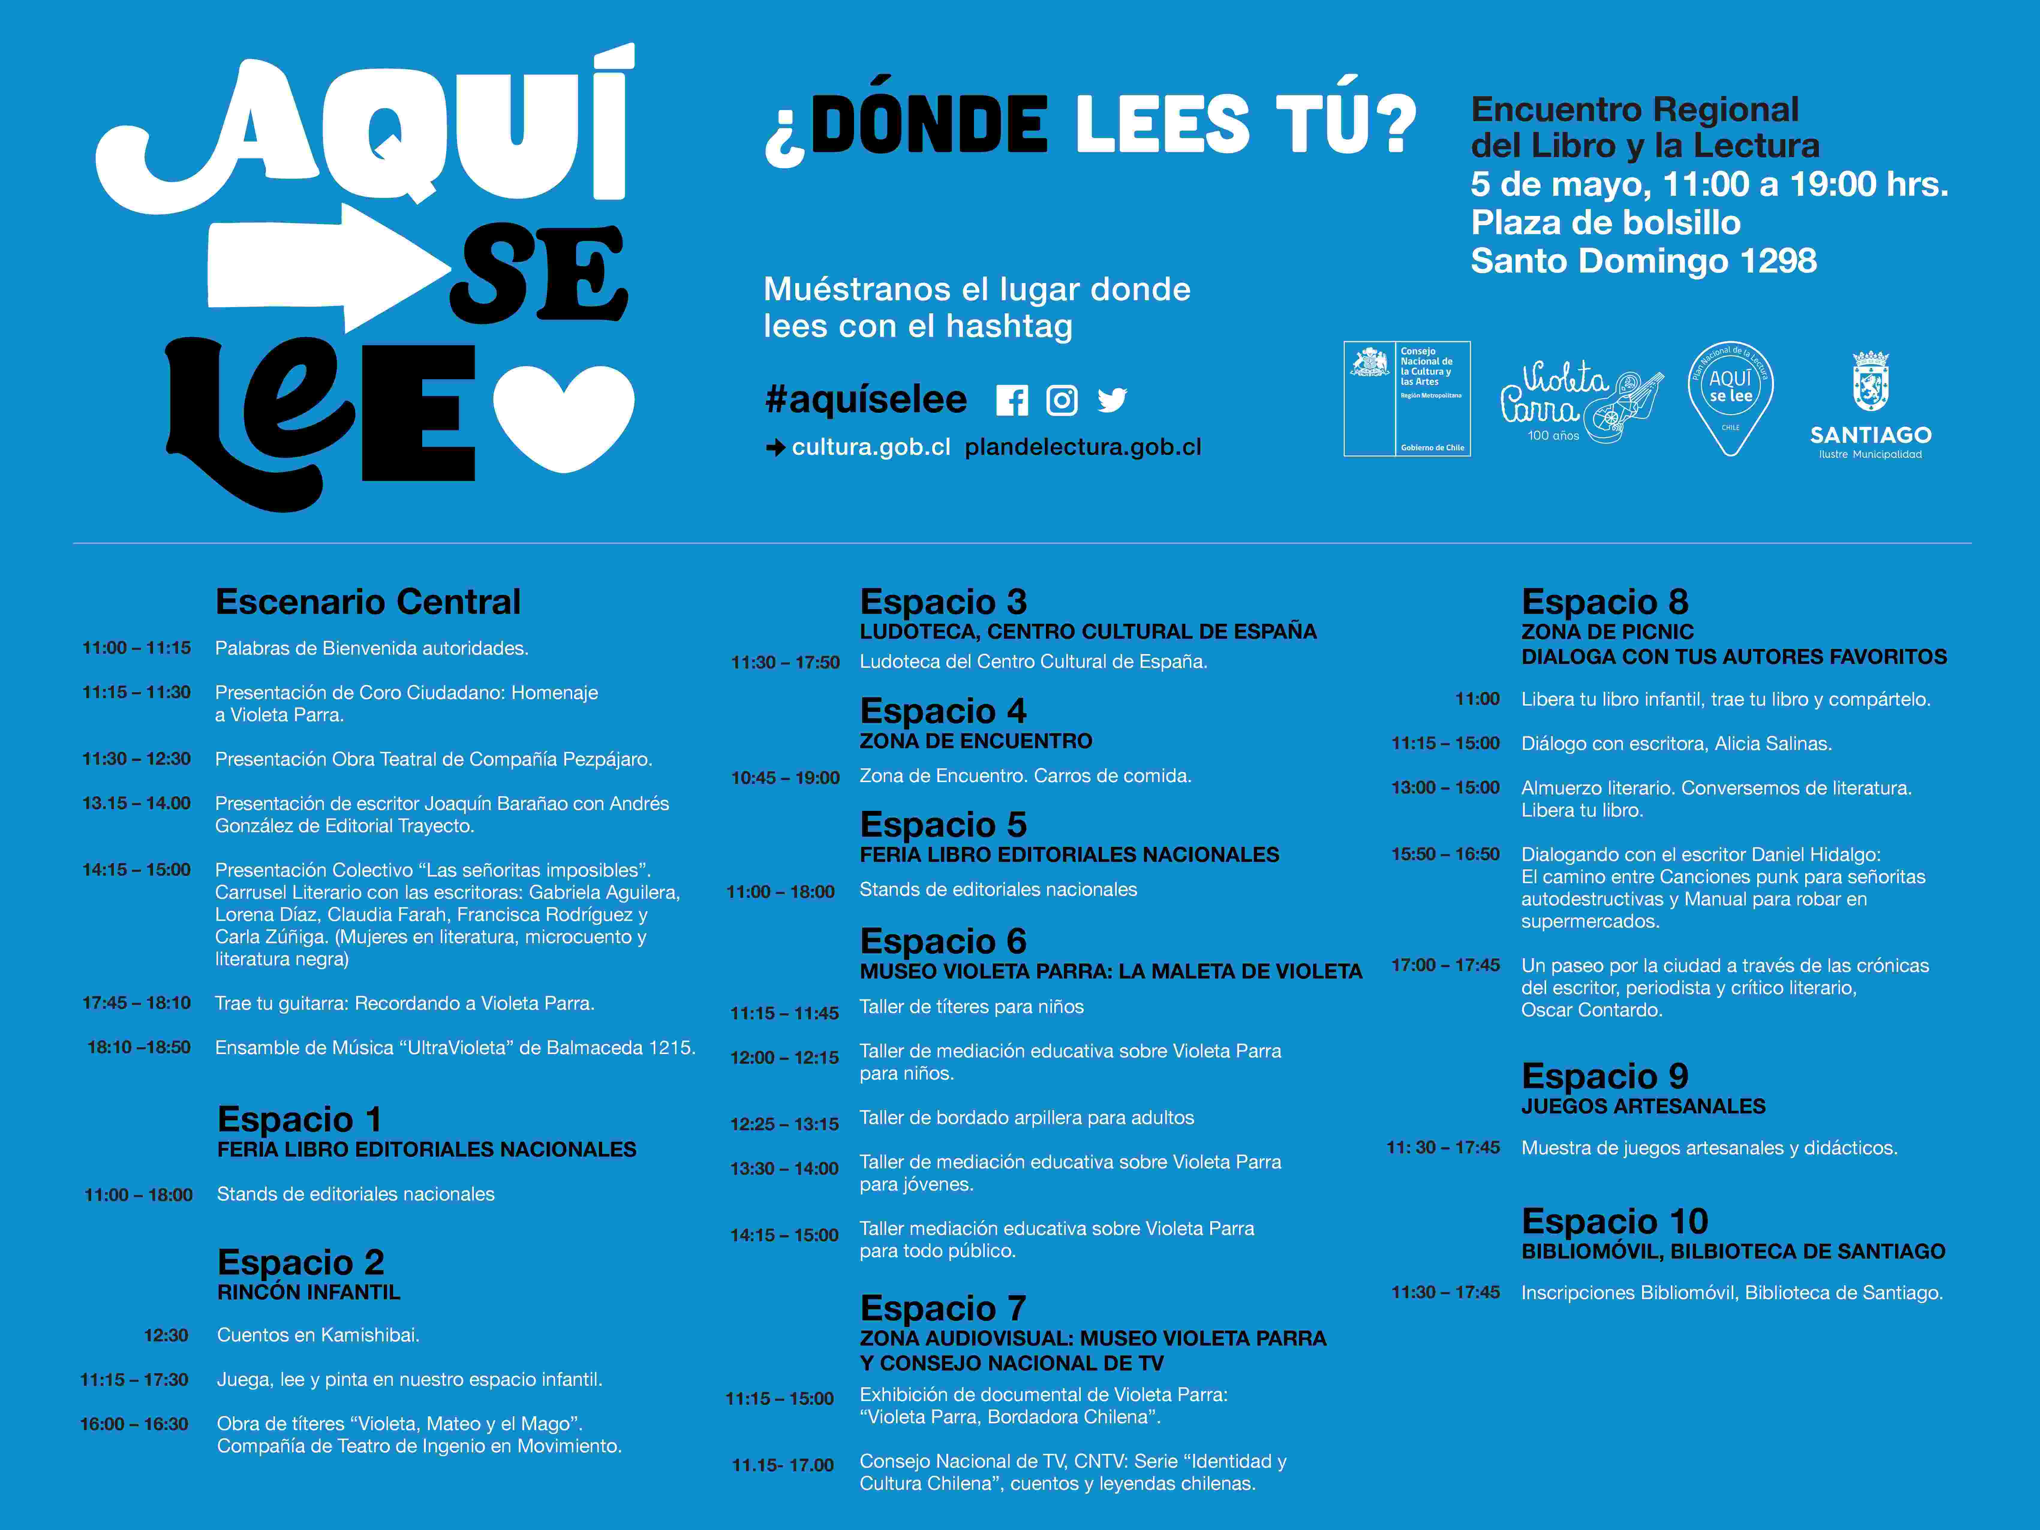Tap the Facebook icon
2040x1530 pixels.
tap(1012, 400)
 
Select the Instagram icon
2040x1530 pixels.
tap(1062, 400)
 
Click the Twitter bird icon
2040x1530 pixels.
tap(1112, 400)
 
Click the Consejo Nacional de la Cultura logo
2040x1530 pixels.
tap(1406, 399)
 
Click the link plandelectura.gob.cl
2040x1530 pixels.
tap(1083, 447)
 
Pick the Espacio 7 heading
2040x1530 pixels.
tap(942, 1308)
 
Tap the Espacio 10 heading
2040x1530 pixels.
tap(1614, 1221)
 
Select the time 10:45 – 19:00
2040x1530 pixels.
tap(785, 778)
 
